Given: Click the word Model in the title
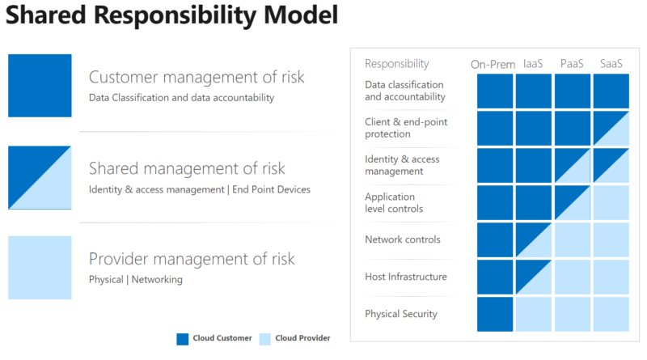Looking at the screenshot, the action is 301,15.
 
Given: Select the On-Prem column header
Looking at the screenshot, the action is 493,65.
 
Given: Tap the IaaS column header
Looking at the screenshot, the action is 533,64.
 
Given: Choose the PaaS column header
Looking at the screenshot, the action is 572,64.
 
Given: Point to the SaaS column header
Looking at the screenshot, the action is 611,64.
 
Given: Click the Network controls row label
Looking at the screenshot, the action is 403,239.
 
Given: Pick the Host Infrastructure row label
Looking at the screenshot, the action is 406,277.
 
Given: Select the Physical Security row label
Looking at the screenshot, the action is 401,314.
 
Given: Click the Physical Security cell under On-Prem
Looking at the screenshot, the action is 495,314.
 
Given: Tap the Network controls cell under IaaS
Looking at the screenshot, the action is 534,239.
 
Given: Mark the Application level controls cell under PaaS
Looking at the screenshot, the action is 573,203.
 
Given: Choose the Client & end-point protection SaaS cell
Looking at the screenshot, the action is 611,129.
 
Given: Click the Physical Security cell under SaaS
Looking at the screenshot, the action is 611,314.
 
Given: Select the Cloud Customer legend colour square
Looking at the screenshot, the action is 183,339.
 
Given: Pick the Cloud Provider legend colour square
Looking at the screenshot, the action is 265,339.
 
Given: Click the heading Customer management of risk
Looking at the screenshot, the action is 197,77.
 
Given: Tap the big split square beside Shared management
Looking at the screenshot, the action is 40,177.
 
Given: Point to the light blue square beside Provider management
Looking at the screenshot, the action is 40,268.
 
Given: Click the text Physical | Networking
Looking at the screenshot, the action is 136,279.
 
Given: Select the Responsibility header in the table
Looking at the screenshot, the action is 397,64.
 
